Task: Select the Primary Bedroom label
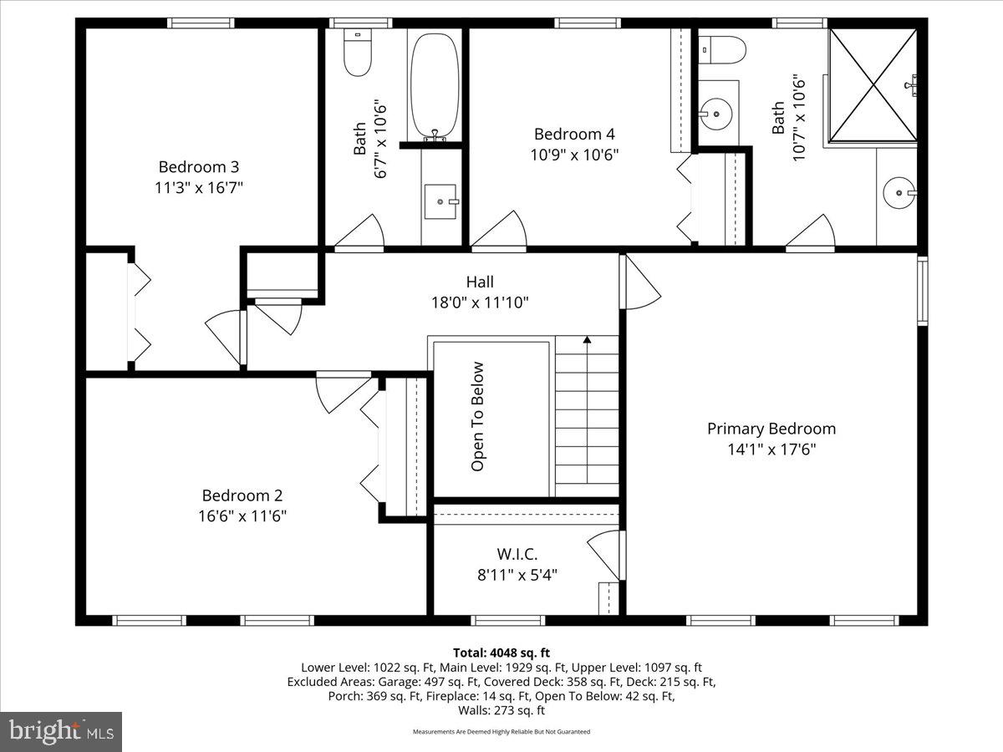(771, 429)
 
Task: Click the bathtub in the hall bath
(435, 85)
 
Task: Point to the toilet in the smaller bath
(358, 55)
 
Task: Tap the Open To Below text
(477, 416)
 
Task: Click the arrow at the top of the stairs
(588, 341)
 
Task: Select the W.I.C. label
(517, 554)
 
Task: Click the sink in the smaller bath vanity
(440, 201)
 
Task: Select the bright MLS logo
(61, 731)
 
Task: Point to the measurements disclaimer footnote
(501, 731)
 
